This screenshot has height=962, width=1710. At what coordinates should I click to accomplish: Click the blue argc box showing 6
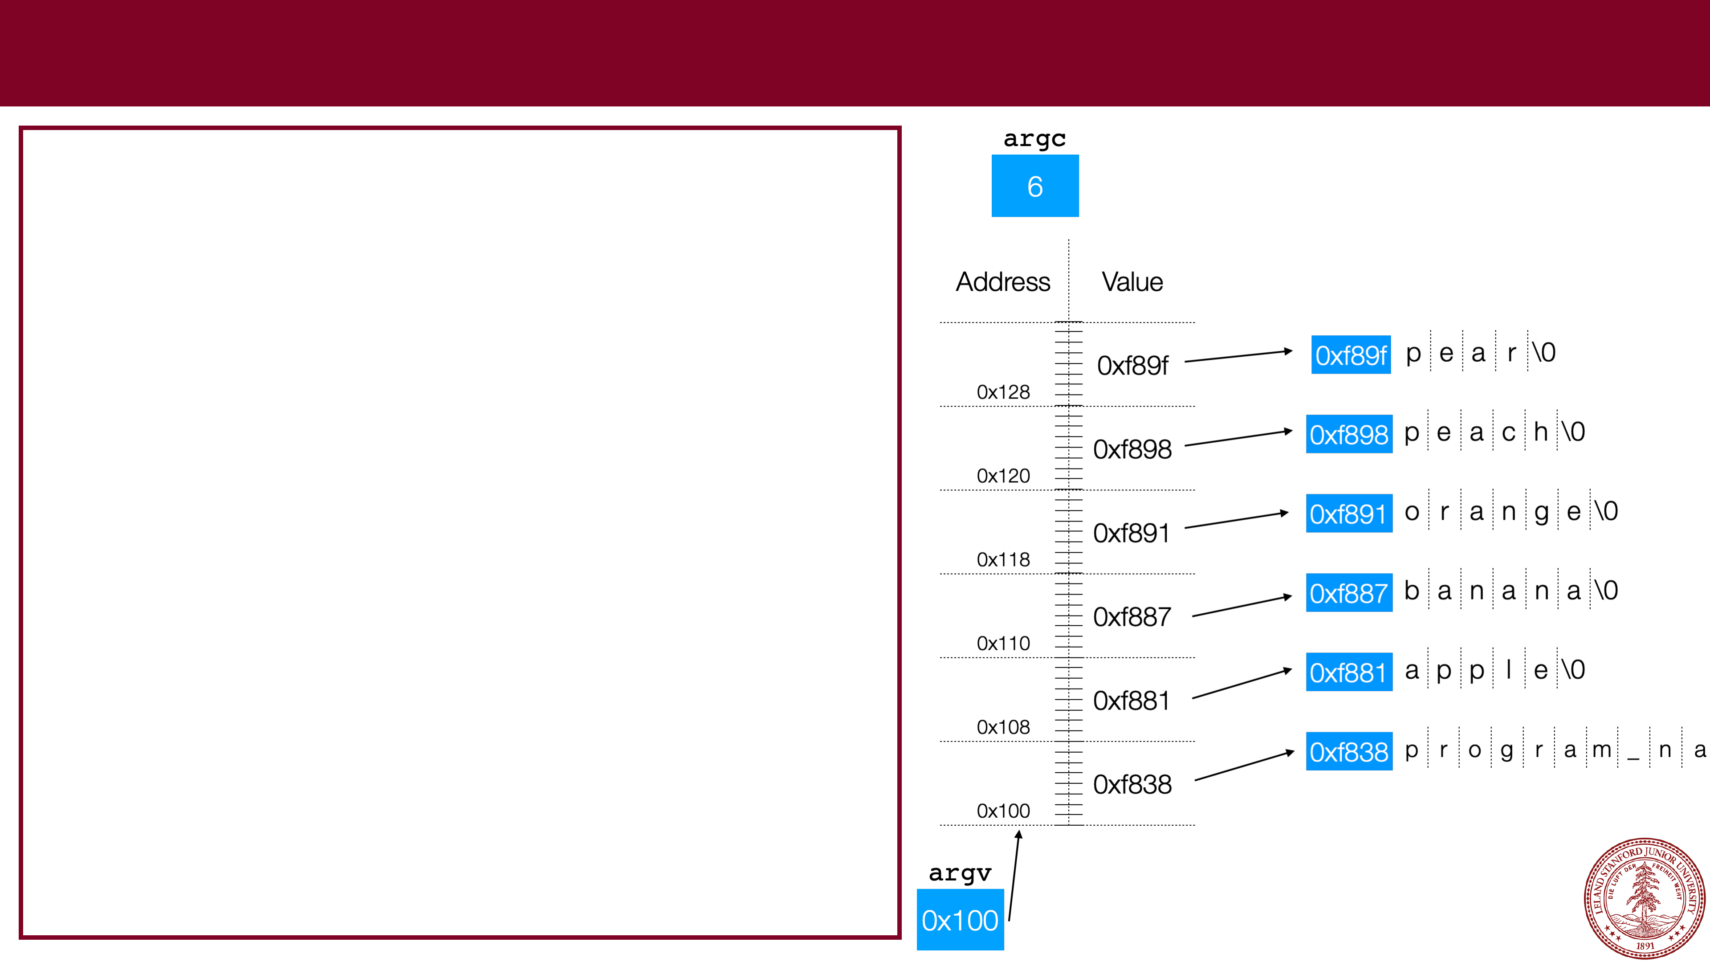coord(1035,186)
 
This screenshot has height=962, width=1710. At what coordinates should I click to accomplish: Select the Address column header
coord(1002,282)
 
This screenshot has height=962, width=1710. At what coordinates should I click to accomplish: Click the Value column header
coord(1132,282)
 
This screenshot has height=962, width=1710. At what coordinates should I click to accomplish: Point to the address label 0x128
coord(1003,392)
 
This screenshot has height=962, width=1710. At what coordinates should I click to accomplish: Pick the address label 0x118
coord(1003,560)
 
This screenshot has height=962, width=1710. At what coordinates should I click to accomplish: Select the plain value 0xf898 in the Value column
coord(1132,449)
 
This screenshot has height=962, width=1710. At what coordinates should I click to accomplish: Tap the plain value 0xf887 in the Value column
coord(1132,617)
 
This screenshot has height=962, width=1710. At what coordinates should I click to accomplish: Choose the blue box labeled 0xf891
coord(1348,514)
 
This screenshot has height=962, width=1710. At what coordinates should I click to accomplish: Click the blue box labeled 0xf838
coord(1348,751)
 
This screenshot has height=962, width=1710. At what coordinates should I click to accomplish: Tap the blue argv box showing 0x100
coord(960,920)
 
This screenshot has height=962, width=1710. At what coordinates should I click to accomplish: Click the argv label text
coord(960,872)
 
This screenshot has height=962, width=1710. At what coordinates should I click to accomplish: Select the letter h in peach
coord(1541,432)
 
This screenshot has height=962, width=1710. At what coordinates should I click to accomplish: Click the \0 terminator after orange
coord(1606,511)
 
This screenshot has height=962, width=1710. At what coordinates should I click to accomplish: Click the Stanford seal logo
coord(1644,897)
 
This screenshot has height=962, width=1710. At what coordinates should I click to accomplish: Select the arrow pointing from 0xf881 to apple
coord(1242,684)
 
